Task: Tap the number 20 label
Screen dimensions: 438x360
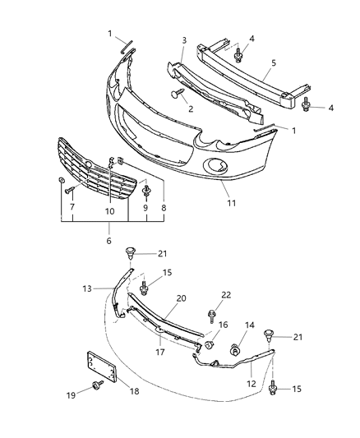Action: click(x=181, y=299)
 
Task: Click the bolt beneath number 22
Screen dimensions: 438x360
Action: click(x=213, y=313)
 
